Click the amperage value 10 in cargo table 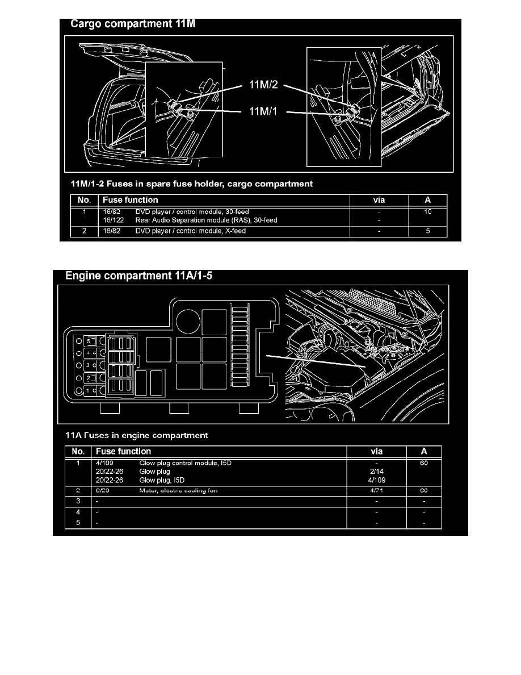[428, 212]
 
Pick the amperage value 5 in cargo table [428, 231]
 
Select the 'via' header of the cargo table [378, 200]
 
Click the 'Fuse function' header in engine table [124, 452]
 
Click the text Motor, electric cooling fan [179, 490]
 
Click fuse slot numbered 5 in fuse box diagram [90, 341]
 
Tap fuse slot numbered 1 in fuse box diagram [89, 391]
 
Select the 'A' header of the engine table [423, 452]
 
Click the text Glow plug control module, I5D [186, 463]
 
